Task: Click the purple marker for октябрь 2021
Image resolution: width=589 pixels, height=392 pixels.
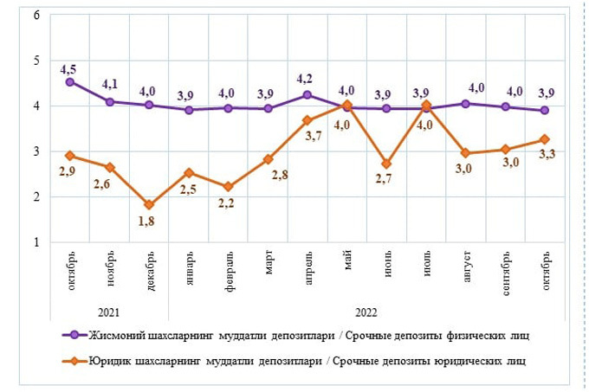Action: pyautogui.click(x=70, y=82)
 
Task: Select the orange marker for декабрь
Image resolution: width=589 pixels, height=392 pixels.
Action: pyautogui.click(x=149, y=205)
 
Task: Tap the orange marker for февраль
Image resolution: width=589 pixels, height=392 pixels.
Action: pyautogui.click(x=229, y=187)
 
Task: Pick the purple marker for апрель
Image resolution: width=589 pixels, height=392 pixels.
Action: pyautogui.click(x=307, y=95)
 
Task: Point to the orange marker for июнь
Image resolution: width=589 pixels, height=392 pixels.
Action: pyautogui.click(x=386, y=164)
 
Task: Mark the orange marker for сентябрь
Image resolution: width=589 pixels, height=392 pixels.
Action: pyautogui.click(x=505, y=149)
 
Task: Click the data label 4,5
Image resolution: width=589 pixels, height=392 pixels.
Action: pyautogui.click(x=70, y=67)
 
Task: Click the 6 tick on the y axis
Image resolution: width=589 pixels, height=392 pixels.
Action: pyautogui.click(x=36, y=16)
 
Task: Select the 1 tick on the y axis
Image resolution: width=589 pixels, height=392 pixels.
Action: pyautogui.click(x=36, y=242)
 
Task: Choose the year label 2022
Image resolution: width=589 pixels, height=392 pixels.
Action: pyautogui.click(x=366, y=312)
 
